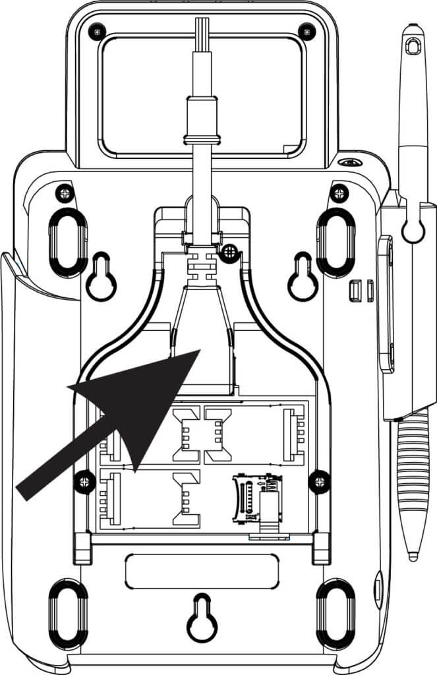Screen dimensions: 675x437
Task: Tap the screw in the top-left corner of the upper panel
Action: [x=98, y=30]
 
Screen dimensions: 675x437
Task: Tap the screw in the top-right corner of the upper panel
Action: [x=304, y=30]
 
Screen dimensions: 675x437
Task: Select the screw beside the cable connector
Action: [x=230, y=250]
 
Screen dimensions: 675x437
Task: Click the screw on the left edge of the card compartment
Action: [x=83, y=481]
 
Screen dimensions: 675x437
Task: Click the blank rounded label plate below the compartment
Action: [x=202, y=571]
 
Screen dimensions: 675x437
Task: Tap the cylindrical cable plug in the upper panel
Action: [x=200, y=119]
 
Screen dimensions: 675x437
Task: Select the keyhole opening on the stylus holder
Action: [x=413, y=227]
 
